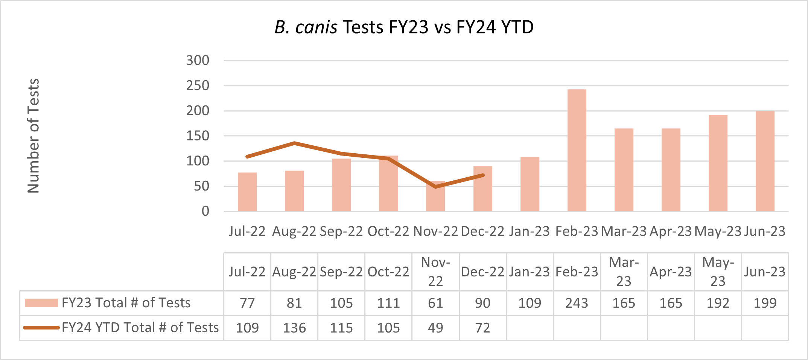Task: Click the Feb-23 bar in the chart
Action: point(577,151)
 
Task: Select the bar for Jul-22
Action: point(247,192)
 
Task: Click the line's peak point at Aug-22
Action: point(294,143)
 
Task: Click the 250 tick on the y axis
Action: point(198,86)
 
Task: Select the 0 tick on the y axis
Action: point(205,211)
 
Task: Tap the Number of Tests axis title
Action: point(33,136)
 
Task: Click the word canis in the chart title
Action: point(316,27)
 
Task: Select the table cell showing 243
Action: point(577,303)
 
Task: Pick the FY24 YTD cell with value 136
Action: point(294,328)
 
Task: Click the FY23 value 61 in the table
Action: point(435,303)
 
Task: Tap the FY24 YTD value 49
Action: point(435,328)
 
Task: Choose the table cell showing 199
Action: point(765,303)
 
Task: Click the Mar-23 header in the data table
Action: point(624,272)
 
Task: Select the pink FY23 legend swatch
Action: point(41,303)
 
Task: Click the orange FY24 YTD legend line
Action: point(41,328)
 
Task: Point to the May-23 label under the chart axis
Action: point(718,231)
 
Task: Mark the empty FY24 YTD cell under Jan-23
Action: point(530,328)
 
